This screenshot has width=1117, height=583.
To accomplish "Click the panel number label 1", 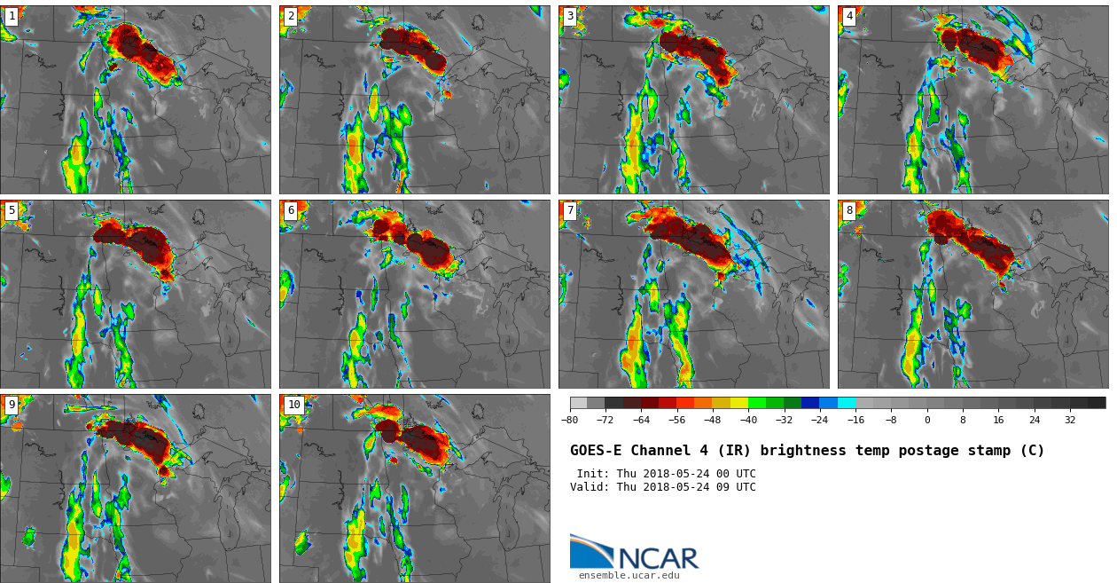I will [12, 16].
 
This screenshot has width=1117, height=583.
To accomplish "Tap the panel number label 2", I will [291, 16].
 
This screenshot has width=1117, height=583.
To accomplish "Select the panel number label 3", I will [570, 16].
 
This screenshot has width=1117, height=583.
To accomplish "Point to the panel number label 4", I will [849, 16].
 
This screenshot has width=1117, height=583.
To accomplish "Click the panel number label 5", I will [12, 210].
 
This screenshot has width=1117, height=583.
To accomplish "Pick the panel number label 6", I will [291, 210].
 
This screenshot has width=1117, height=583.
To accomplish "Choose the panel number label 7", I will [570, 210].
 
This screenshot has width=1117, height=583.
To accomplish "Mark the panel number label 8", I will [849, 210].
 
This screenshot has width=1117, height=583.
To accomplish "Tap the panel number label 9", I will [12, 405].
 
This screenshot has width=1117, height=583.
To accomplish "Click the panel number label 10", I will [293, 405].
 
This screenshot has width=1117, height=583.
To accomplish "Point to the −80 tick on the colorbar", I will [570, 421].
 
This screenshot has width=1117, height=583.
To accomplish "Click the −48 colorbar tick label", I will [713, 421].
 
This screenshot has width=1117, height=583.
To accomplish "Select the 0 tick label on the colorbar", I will [927, 421].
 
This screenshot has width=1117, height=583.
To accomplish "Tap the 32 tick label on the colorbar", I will [1070, 421].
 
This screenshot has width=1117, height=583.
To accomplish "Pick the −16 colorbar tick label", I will [855, 421].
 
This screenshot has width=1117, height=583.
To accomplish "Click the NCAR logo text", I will [658, 559].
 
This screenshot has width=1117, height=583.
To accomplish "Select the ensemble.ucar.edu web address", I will [629, 576].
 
